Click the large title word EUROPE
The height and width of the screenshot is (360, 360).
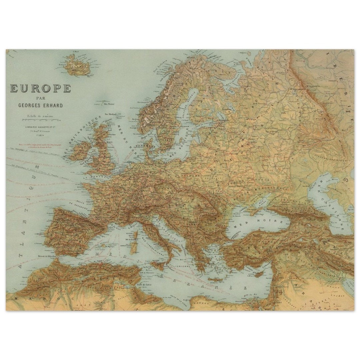point(41,88)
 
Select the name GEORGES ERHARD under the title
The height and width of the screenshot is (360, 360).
point(41,106)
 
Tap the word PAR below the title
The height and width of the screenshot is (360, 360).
point(41,98)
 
